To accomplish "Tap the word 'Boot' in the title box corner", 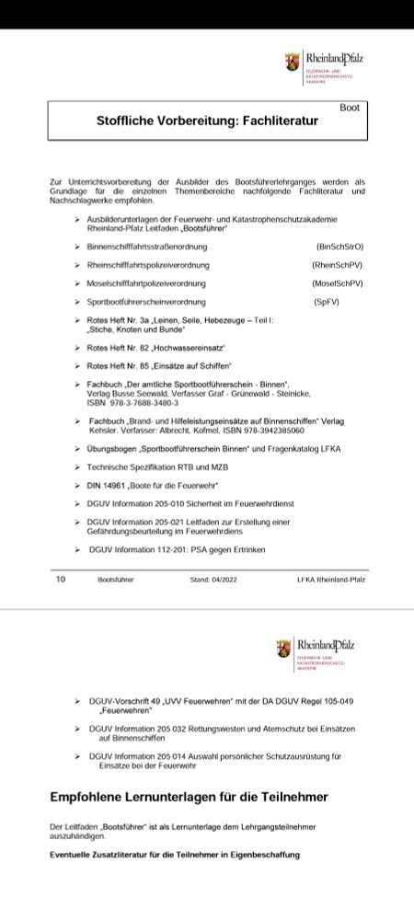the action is tap(349, 108).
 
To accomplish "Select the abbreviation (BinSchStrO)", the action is tap(339, 247).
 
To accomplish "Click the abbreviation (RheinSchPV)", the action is tap(338, 265).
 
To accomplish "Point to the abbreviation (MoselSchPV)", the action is tap(338, 283).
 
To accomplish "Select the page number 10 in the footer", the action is tap(61, 580).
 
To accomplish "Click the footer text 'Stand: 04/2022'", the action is tap(213, 581).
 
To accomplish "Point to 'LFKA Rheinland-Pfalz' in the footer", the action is tap(330, 581).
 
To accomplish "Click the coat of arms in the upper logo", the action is tap(292, 62).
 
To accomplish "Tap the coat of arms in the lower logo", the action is tap(284, 648).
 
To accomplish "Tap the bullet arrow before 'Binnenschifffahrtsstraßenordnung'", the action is tap(77, 247).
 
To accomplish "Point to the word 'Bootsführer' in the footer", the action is tap(116, 581).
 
